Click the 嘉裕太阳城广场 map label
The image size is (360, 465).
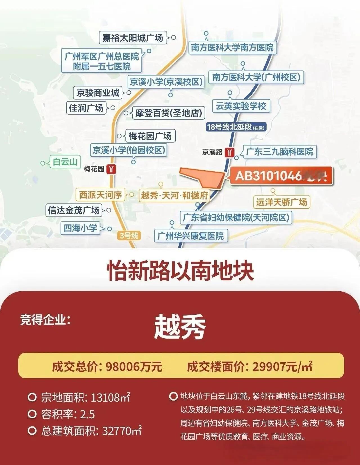click(132, 38)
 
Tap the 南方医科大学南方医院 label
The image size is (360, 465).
click(232, 48)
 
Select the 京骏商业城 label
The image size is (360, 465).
click(98, 93)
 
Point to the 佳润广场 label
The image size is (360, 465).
click(86, 108)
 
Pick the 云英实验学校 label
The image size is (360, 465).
click(241, 106)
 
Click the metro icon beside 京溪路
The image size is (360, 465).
click(231, 152)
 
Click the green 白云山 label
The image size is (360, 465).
click(65, 162)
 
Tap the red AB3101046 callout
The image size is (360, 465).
click(281, 176)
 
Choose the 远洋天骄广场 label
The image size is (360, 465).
click(281, 202)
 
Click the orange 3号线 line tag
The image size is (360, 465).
click(129, 235)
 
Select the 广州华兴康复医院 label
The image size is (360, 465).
click(190, 236)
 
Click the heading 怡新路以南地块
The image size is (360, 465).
click(180, 271)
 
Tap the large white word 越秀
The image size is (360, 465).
click(180, 327)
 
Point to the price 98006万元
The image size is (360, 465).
click(134, 366)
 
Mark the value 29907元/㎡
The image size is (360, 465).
click(282, 366)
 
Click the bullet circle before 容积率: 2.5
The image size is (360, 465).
click(32, 414)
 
